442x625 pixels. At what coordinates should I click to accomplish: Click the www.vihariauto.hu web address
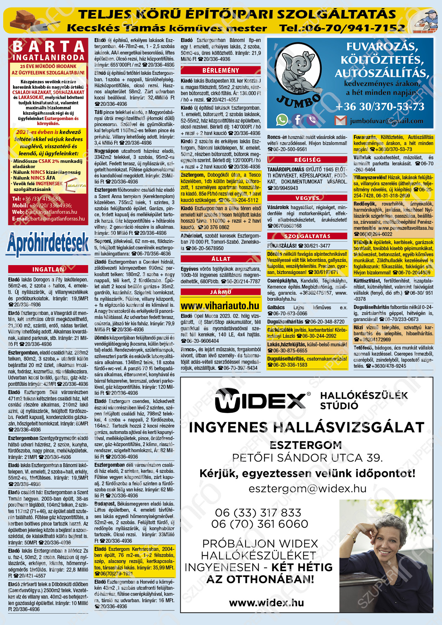pos(220,306)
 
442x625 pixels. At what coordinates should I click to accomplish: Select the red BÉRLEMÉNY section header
pos(221,70)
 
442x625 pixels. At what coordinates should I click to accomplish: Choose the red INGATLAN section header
pos(48,269)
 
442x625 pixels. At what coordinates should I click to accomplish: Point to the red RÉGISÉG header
pos(307,160)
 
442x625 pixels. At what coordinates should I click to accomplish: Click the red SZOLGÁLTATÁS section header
pos(307,236)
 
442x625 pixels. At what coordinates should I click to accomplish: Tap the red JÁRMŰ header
pos(221,292)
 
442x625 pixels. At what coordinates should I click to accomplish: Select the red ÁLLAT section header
pos(221,259)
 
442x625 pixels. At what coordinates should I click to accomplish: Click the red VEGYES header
pos(307,198)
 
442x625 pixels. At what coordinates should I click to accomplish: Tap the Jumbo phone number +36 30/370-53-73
pos(380,107)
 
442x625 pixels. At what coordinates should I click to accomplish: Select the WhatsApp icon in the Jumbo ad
pos(282,120)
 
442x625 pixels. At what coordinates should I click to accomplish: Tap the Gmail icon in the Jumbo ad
pos(340,120)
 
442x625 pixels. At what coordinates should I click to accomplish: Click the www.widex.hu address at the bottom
pos(266,603)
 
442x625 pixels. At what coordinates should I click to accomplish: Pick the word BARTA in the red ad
pos(48,47)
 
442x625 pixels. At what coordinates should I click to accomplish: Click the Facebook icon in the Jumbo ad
pos(297,120)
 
